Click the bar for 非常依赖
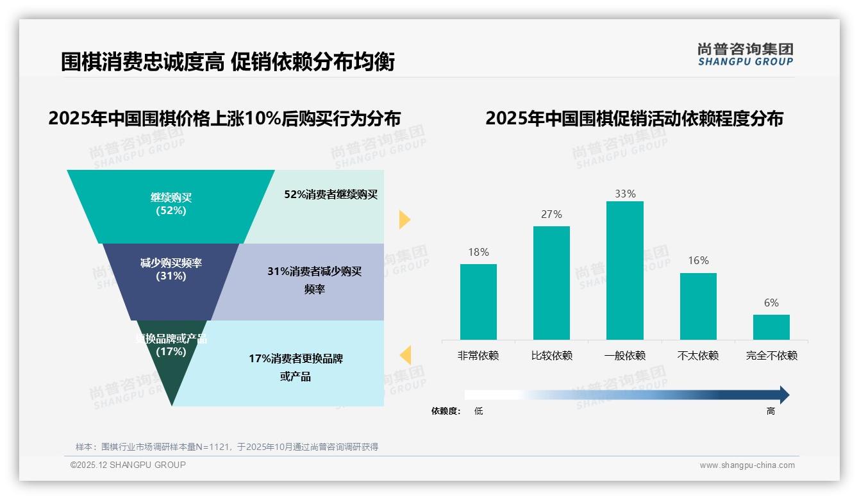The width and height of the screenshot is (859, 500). click(x=478, y=301)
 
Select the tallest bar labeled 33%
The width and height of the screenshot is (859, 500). click(x=624, y=270)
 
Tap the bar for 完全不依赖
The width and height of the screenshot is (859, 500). click(x=771, y=327)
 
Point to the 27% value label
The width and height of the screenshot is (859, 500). click(x=551, y=214)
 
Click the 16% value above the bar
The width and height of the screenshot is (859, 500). click(x=698, y=260)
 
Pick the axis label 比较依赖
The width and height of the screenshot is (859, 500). click(x=551, y=355)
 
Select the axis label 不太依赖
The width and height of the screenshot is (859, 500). click(x=698, y=355)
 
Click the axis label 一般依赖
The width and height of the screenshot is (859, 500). click(x=624, y=355)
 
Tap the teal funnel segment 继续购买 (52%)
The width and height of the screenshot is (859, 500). click(x=171, y=204)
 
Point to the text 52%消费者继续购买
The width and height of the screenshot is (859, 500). click(x=331, y=194)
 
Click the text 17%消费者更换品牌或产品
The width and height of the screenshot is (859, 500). click(x=296, y=367)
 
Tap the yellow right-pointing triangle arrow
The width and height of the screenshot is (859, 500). click(x=404, y=219)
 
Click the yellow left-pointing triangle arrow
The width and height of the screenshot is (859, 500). click(x=405, y=354)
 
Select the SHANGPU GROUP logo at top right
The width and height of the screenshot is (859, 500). click(x=745, y=54)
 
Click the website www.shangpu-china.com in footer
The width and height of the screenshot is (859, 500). click(x=747, y=465)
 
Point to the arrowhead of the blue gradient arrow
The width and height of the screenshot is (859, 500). click(x=783, y=395)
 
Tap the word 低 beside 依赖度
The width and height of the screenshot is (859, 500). click(x=478, y=412)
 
